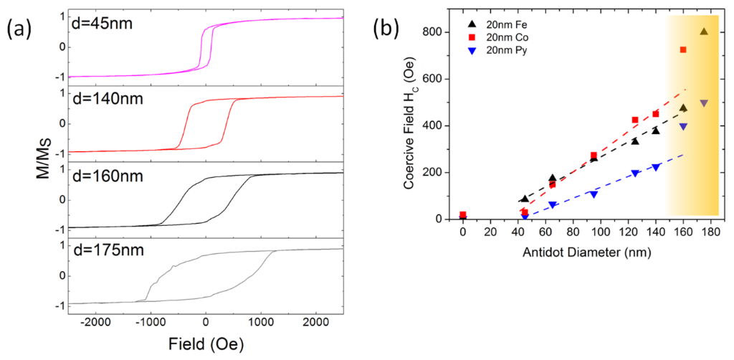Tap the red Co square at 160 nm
tap(683, 49)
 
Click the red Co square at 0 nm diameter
tap(463, 214)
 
